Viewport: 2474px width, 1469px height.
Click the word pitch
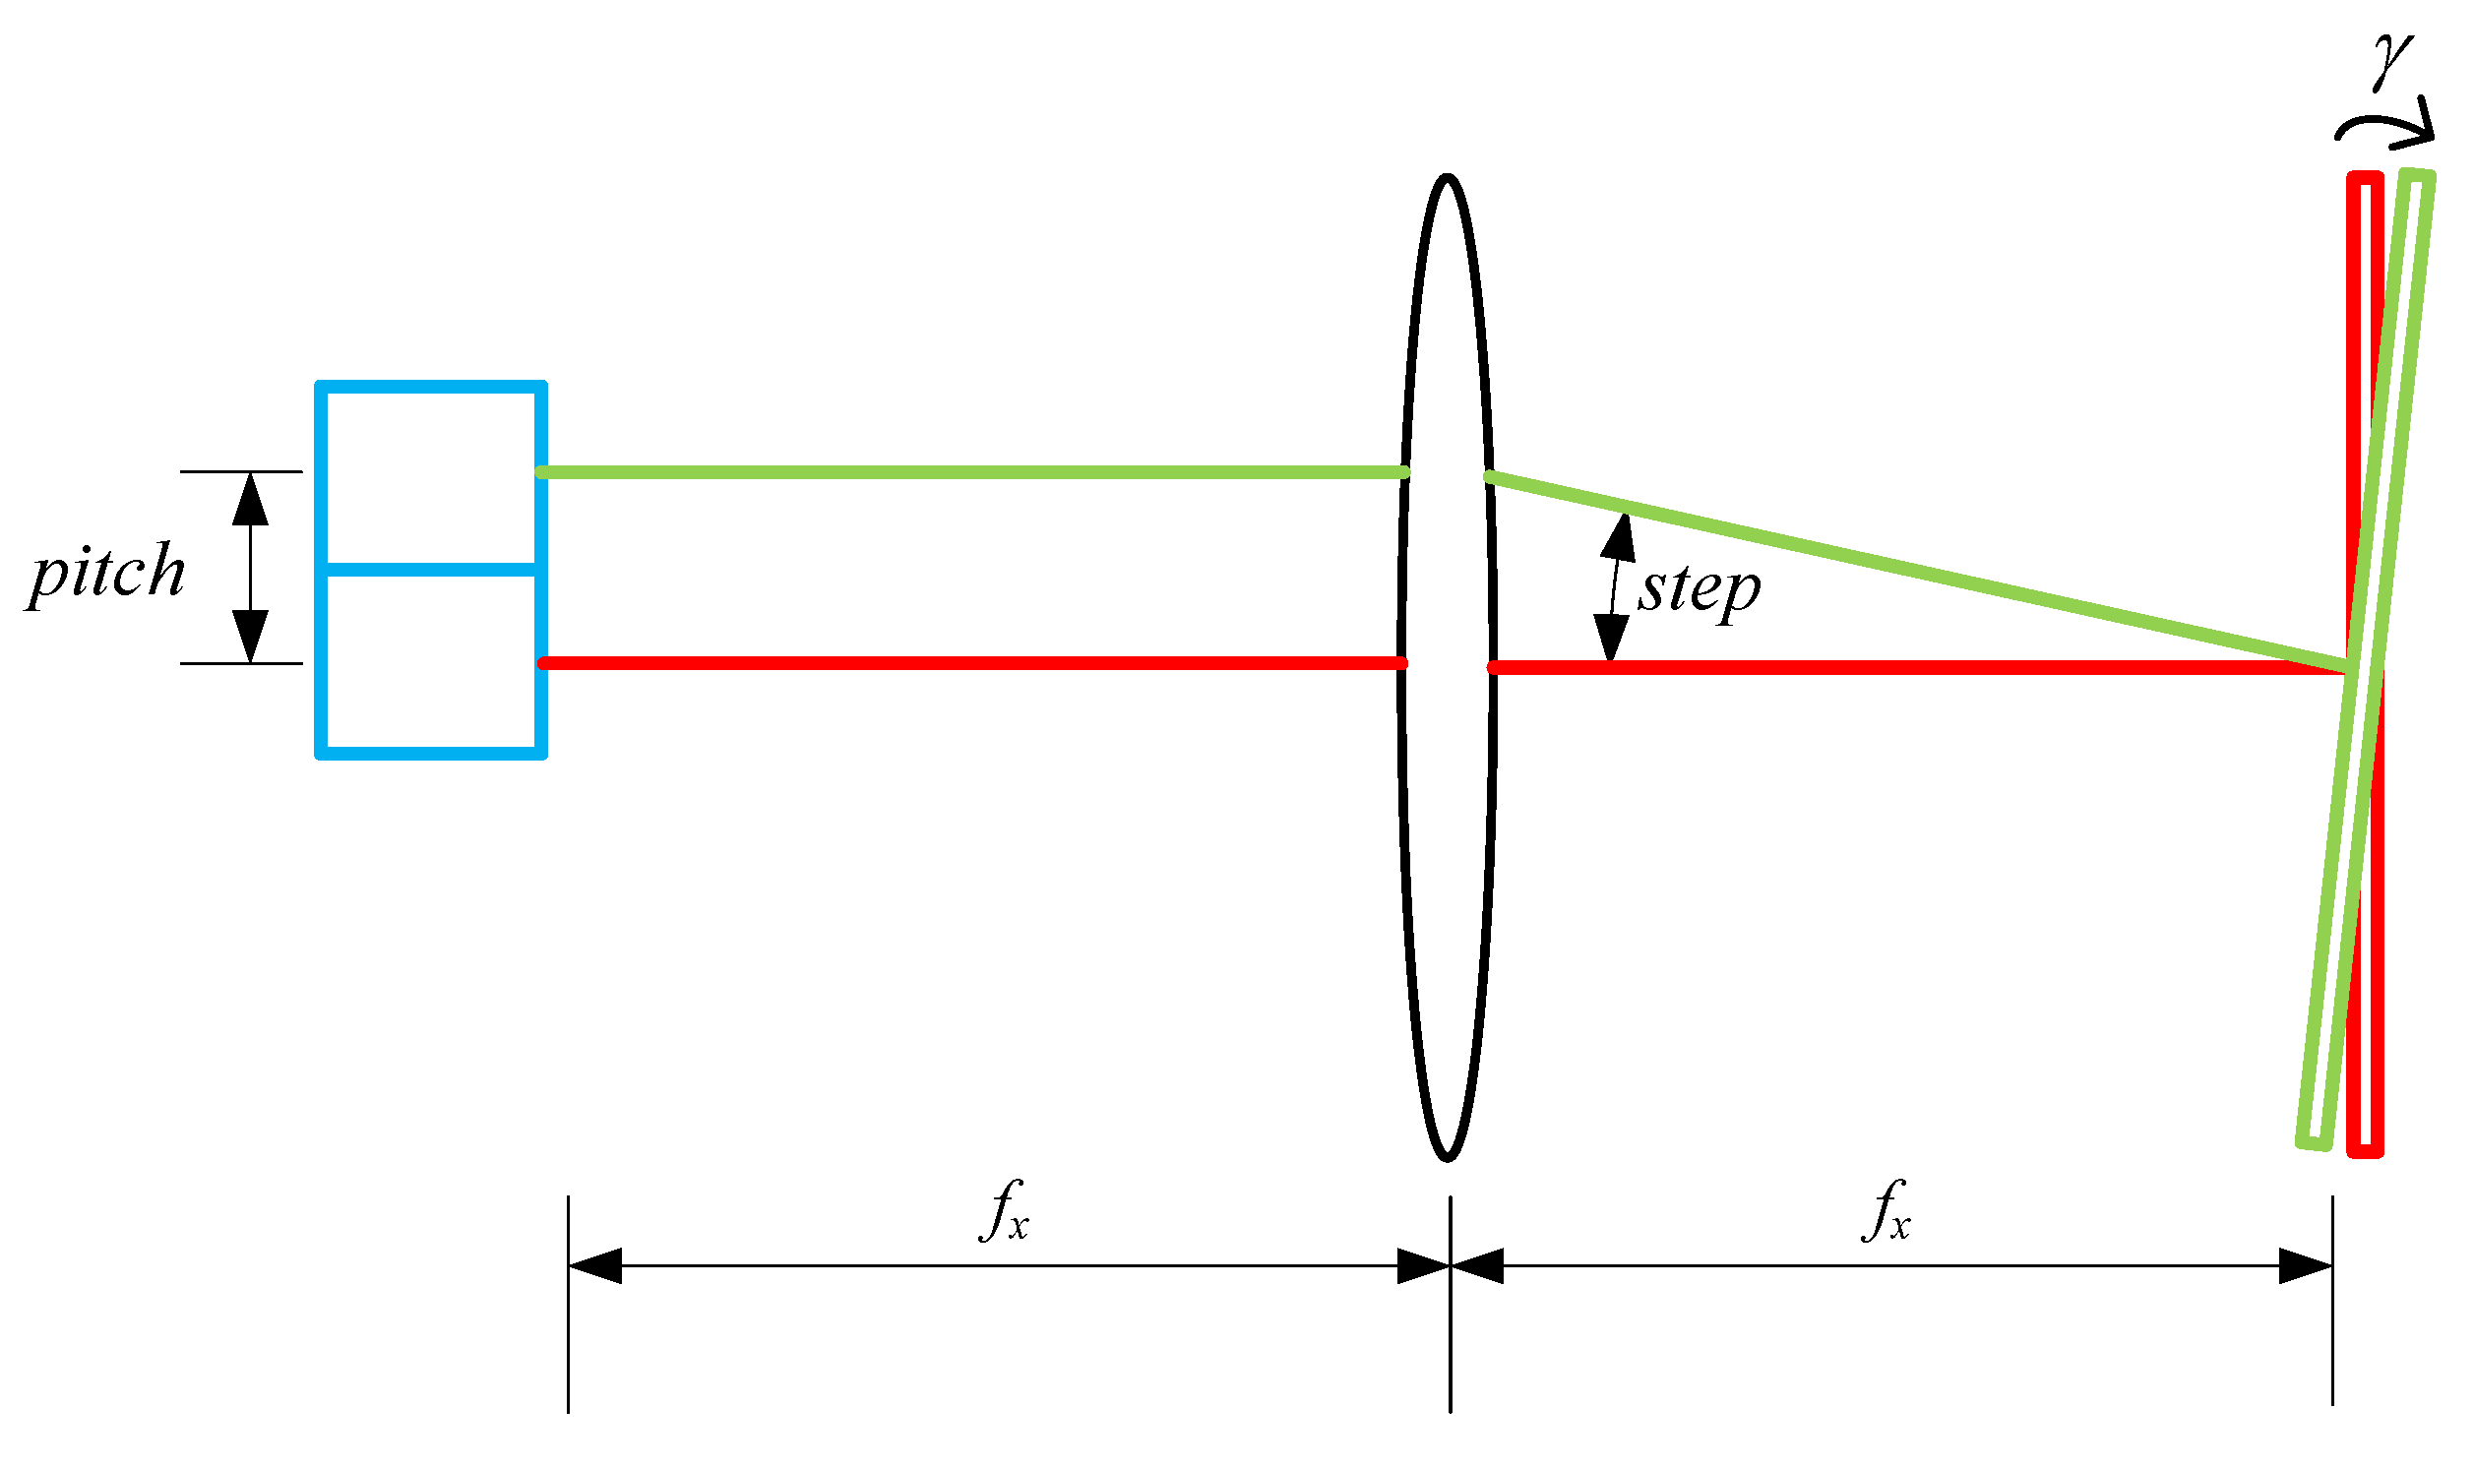[107, 574]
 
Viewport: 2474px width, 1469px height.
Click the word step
[1699, 591]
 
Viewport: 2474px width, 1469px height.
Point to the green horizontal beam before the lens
[970, 473]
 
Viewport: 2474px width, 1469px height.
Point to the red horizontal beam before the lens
[970, 663]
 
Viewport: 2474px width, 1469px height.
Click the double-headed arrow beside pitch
[251, 567]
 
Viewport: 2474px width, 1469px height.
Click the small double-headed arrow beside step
[1615, 587]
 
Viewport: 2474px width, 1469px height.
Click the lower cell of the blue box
[431, 663]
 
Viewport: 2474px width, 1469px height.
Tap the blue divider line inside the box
[431, 570]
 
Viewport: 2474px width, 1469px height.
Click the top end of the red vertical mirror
[2365, 179]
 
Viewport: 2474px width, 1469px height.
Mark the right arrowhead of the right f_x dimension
[2307, 1266]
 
